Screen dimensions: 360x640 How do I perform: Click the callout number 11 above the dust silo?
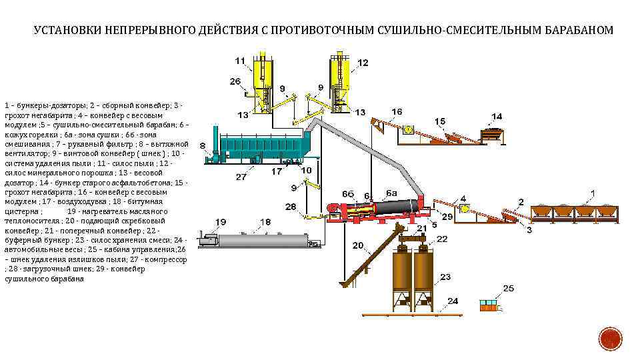point(240,61)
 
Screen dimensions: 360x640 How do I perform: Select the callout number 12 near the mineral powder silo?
point(362,63)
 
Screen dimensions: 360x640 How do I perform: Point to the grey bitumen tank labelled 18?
point(264,241)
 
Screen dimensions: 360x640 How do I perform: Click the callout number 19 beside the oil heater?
point(220,222)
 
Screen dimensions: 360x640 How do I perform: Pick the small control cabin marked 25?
point(489,305)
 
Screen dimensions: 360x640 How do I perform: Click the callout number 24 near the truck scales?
point(453,301)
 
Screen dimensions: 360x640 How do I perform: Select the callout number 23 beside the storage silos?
point(445,276)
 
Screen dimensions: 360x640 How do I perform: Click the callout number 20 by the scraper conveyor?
point(357,246)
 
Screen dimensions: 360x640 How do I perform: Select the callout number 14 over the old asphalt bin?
point(497,117)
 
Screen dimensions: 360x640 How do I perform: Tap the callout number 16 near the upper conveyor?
point(397,111)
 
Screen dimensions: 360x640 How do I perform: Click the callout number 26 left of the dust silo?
point(235,81)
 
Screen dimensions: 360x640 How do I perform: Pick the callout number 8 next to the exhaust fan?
point(203,145)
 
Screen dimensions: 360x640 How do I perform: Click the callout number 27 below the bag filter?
point(241,177)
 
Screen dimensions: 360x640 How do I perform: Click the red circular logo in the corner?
point(609,340)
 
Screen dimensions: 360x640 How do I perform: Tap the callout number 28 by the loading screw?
point(291,207)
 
